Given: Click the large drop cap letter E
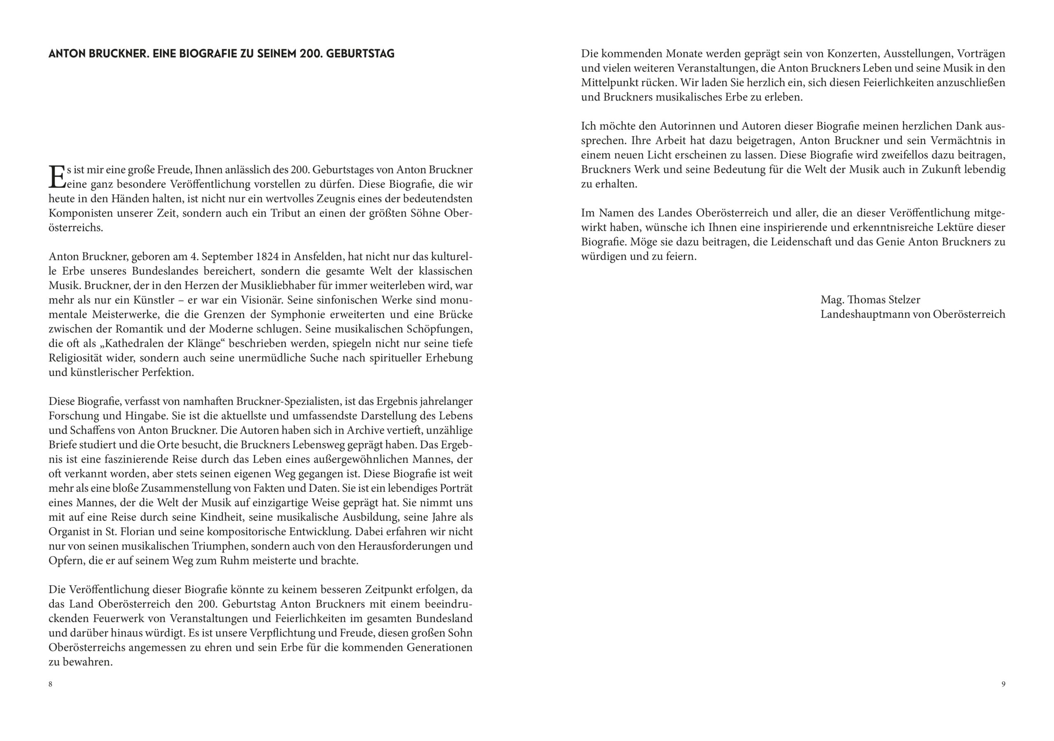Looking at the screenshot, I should click(x=57, y=177).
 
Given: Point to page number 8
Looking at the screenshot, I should click(x=51, y=684).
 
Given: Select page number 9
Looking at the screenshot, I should click(x=1003, y=684).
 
